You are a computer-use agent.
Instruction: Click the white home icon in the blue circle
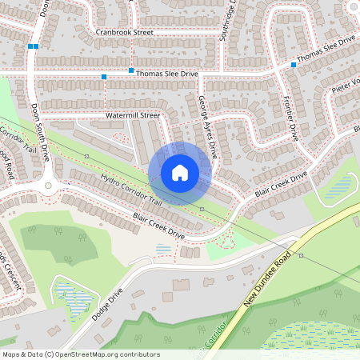(180, 173)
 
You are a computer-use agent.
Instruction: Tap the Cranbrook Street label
(124, 32)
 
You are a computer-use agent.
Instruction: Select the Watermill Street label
(134, 116)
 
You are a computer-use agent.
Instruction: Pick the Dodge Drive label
(107, 305)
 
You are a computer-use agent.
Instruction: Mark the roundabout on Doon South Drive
(54, 189)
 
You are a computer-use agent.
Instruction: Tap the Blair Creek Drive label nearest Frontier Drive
(281, 185)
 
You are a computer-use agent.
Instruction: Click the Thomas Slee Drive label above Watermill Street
(166, 74)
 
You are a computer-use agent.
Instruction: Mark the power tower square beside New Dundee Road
(301, 256)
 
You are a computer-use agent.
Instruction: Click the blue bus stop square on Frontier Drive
(294, 65)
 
